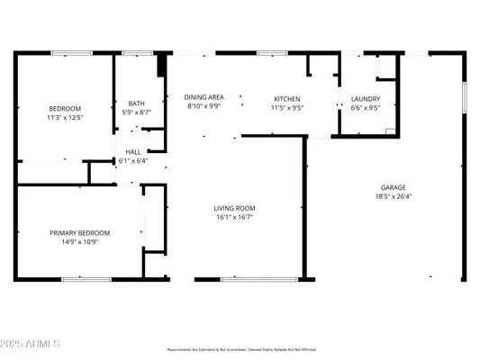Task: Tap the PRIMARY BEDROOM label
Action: [79, 233]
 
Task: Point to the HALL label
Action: [133, 153]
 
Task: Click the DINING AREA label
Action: [204, 97]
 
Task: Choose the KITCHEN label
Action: [287, 99]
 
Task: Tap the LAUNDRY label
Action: [366, 99]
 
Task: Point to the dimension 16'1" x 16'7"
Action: [232, 217]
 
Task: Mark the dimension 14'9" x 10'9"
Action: [79, 242]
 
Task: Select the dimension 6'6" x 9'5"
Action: [366, 108]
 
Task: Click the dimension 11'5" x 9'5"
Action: [287, 108]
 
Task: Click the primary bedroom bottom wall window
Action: [86, 279]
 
